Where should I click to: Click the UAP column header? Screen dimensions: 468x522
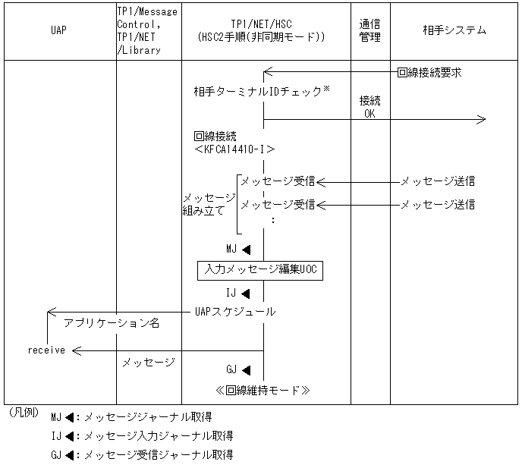coord(58,31)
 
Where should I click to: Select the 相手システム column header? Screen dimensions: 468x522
coord(454,31)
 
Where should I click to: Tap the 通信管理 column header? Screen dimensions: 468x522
coord(369,31)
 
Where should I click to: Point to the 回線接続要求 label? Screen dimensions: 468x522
coord(429,73)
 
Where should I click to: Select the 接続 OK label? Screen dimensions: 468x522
coord(370,107)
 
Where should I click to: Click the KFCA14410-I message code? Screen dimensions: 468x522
coord(234,149)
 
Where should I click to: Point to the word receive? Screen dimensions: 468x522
coord(46,350)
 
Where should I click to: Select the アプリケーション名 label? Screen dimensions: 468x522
coord(112,323)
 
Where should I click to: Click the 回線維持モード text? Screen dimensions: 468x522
coord(263,390)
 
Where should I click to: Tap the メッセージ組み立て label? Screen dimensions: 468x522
coord(204,204)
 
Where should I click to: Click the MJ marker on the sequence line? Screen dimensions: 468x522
coord(237,249)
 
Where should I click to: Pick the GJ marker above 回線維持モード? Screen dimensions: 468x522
coord(237,370)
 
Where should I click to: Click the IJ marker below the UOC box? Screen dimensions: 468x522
coord(237,291)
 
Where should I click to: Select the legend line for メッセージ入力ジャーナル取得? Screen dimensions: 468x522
coord(142,436)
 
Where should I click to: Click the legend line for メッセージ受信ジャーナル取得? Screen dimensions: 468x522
coord(142,455)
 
